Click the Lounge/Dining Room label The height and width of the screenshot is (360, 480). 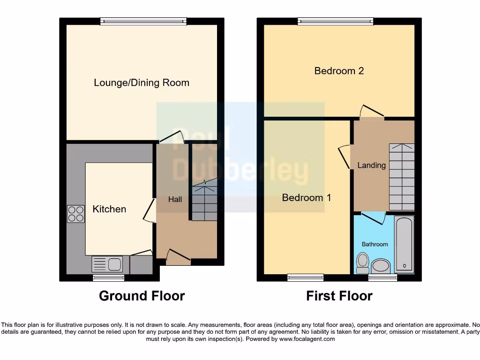142,83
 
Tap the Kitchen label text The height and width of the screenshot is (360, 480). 109,209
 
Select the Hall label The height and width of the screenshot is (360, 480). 175,200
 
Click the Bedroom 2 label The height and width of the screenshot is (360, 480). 339,71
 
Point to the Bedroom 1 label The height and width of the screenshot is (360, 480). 306,198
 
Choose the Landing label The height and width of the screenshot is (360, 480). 371,165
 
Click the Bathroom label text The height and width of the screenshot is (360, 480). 375,244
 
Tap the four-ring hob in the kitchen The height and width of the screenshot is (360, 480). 76,214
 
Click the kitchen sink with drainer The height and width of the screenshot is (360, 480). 107,265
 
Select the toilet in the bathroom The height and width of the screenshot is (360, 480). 362,262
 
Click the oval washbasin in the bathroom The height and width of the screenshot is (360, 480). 381,267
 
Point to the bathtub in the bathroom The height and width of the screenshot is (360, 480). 404,244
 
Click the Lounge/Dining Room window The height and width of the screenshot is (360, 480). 143,21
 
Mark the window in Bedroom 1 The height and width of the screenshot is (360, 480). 305,277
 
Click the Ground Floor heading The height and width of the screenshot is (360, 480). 142,296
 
